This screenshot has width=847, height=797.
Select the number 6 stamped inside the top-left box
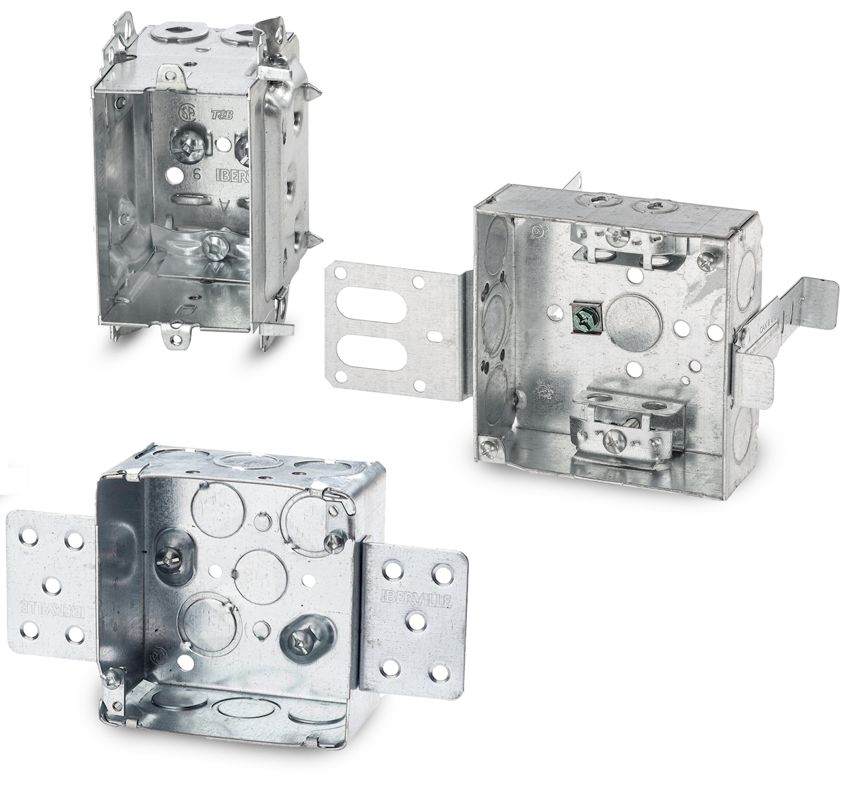tap(197, 175)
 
